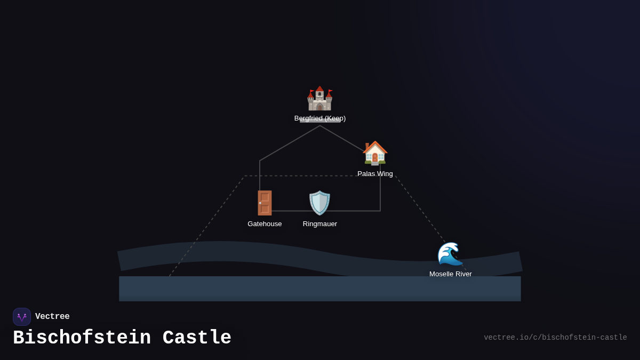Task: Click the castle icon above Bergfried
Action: [x=319, y=99]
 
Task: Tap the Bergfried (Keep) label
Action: [x=320, y=118]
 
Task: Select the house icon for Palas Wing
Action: [x=375, y=153]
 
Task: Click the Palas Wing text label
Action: [x=375, y=174]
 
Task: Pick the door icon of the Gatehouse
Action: [x=265, y=203]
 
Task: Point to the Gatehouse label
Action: [x=265, y=224]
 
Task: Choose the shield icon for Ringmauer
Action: [x=320, y=203]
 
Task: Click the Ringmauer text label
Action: [x=320, y=224]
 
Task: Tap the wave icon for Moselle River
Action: [x=450, y=254]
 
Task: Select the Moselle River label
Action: [x=451, y=274]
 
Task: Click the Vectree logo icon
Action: [x=22, y=317]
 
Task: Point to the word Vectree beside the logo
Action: [x=52, y=317]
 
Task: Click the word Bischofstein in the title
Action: [x=82, y=338]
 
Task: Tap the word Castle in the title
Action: [x=197, y=338]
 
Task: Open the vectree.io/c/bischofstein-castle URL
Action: [x=555, y=338]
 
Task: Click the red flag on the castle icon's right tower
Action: [x=330, y=91]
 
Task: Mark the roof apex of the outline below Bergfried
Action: [x=320, y=126]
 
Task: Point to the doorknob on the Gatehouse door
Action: [x=260, y=203]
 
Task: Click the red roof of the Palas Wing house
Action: [x=375, y=146]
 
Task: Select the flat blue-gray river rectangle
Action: [x=320, y=289]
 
